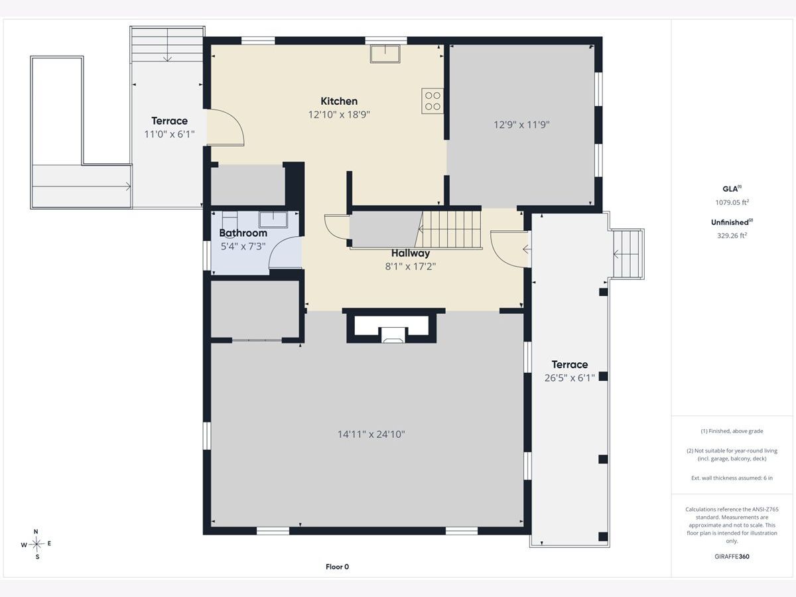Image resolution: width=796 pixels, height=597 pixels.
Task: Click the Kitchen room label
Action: click(x=339, y=101)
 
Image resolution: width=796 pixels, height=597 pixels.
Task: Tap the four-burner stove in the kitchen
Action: click(x=432, y=101)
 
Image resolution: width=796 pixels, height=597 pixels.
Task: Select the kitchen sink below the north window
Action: click(x=385, y=54)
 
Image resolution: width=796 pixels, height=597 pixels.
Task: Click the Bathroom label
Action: click(x=243, y=233)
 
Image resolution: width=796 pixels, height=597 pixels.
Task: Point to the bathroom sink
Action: click(x=273, y=220)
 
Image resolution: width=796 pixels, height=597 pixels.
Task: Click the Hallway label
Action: click(x=411, y=253)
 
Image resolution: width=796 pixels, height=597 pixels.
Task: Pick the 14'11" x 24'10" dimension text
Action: click(x=371, y=434)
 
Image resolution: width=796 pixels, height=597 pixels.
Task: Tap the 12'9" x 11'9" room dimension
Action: click(x=521, y=125)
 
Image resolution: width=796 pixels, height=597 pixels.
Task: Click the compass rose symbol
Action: click(x=36, y=544)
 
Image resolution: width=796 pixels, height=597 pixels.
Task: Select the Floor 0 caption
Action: click(x=337, y=567)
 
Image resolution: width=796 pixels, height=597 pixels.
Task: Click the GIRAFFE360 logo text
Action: click(x=732, y=557)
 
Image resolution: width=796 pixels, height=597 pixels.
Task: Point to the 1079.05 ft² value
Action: click(x=732, y=202)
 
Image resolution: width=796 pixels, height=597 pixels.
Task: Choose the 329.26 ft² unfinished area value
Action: click(x=732, y=235)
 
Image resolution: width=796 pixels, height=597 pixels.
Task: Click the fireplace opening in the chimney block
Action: click(x=392, y=334)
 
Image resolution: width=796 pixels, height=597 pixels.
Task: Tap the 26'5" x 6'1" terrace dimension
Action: click(x=569, y=378)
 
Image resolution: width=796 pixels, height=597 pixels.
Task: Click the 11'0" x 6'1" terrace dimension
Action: click(x=169, y=135)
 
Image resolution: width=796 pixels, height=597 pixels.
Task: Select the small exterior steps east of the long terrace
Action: click(x=628, y=254)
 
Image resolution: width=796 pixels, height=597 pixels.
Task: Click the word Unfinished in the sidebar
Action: click(x=729, y=223)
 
